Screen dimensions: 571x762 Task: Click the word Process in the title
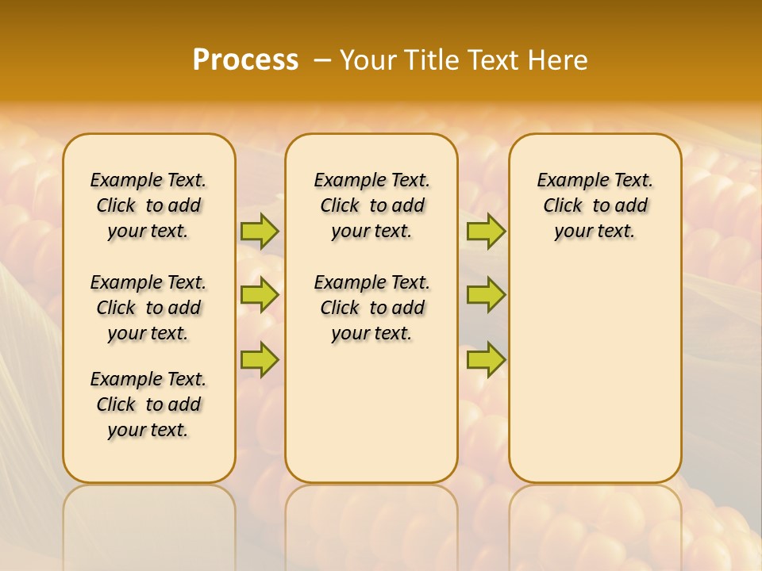click(245, 60)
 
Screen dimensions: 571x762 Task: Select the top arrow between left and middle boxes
click(260, 231)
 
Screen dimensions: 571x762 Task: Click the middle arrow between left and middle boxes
click(260, 295)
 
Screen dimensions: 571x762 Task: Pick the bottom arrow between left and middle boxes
click(260, 359)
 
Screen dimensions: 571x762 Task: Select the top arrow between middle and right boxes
click(486, 231)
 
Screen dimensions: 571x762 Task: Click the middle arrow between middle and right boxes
click(486, 295)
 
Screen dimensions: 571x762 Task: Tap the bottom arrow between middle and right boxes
click(486, 359)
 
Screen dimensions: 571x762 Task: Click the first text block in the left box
click(148, 205)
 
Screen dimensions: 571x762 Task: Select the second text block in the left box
click(148, 308)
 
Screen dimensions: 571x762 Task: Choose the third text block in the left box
click(148, 404)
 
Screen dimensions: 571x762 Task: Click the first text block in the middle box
click(371, 205)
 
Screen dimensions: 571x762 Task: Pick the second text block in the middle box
click(371, 308)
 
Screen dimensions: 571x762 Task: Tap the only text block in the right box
click(595, 205)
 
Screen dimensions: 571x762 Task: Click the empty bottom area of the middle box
click(371, 420)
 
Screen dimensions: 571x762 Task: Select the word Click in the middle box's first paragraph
click(340, 205)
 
